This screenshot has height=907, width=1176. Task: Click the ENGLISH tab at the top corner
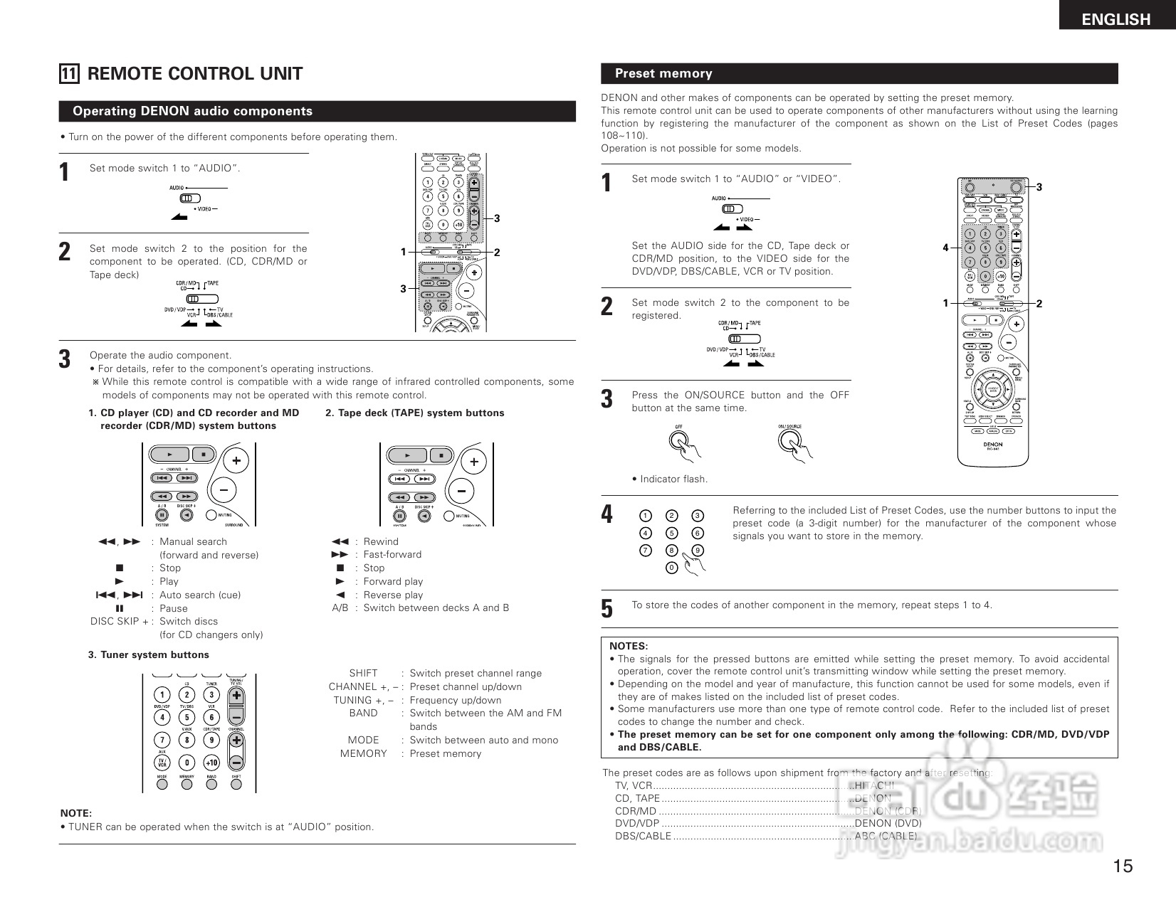[x=1115, y=19]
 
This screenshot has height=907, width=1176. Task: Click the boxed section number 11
[x=69, y=74]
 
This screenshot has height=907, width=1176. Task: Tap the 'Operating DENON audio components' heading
[x=192, y=111]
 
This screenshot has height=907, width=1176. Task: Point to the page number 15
[x=1123, y=866]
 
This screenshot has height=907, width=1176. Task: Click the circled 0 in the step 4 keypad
[x=671, y=568]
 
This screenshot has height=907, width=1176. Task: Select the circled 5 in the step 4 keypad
[x=671, y=533]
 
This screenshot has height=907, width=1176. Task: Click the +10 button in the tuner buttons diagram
[x=211, y=763]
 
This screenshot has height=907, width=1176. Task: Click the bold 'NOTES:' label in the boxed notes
[x=629, y=646]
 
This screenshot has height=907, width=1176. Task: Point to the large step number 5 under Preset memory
[x=607, y=609]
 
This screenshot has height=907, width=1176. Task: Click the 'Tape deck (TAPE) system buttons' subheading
[x=414, y=413]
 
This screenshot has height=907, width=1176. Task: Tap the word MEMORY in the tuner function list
[x=363, y=753]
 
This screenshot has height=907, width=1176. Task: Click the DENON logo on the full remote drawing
[x=993, y=444]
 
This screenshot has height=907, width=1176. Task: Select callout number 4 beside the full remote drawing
[x=945, y=248]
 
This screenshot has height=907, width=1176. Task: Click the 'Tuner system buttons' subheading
[x=149, y=654]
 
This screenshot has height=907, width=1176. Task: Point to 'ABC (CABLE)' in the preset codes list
[x=886, y=836]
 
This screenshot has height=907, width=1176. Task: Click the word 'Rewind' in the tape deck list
[x=381, y=541]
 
